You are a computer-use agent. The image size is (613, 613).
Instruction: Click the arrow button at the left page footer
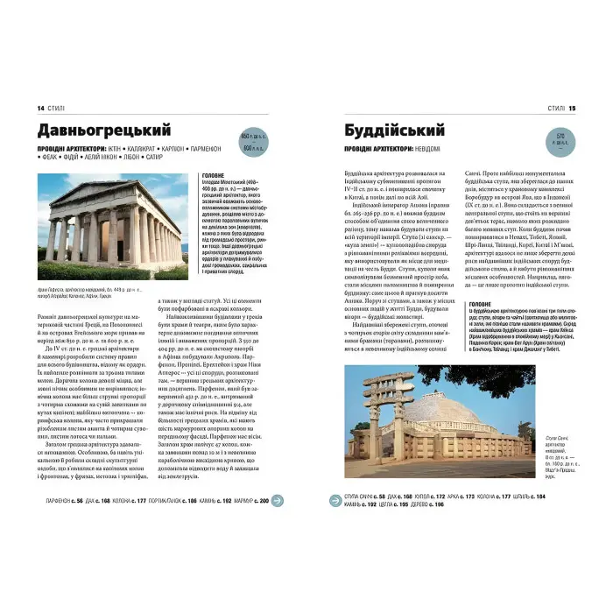pos(277,501)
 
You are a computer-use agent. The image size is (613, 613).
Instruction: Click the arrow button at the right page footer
pos(335,501)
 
